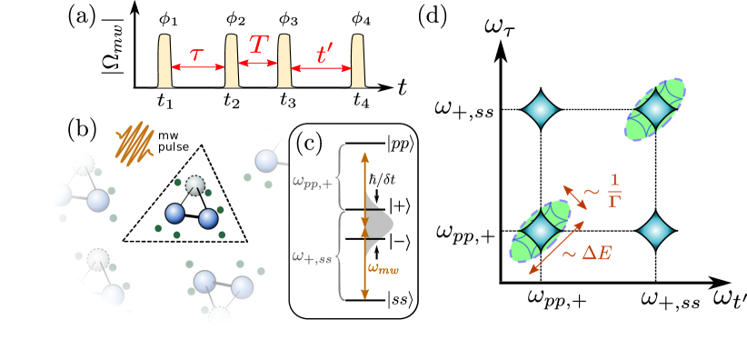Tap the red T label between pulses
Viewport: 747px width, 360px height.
(x=257, y=45)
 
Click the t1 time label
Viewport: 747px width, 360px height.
(x=164, y=100)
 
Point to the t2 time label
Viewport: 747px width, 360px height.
(x=232, y=100)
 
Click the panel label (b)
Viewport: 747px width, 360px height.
(x=82, y=129)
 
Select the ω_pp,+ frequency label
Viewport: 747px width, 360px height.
(x=314, y=183)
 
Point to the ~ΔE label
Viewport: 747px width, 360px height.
(x=586, y=253)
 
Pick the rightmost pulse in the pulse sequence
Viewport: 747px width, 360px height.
(x=358, y=62)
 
